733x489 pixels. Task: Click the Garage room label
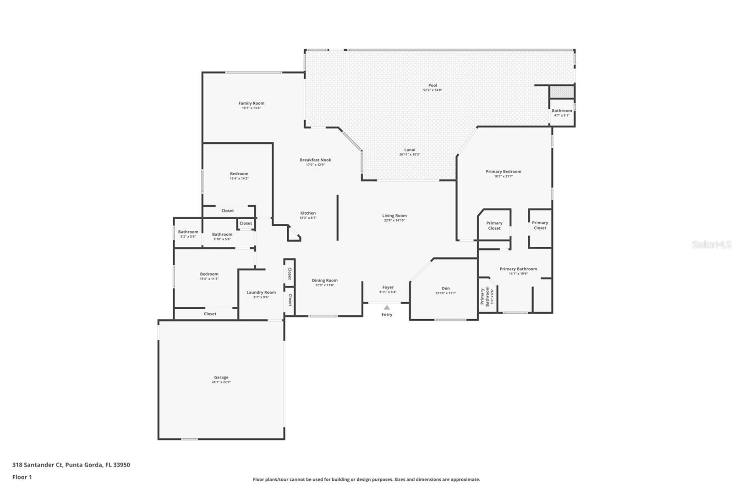pyautogui.click(x=221, y=378)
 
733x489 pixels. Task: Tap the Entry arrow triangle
pyautogui.click(x=387, y=307)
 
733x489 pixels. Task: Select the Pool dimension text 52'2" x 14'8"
pyautogui.click(x=432, y=90)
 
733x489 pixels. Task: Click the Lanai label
pyautogui.click(x=410, y=150)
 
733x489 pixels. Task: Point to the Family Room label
pyautogui.click(x=251, y=103)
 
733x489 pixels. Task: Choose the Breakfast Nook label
pyautogui.click(x=315, y=160)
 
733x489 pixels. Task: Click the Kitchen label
pyautogui.click(x=308, y=213)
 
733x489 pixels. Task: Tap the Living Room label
pyautogui.click(x=394, y=216)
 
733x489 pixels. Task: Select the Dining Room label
pyautogui.click(x=324, y=280)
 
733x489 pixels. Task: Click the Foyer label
pyautogui.click(x=388, y=287)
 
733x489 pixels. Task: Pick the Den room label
pyautogui.click(x=445, y=288)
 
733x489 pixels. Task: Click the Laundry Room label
pyautogui.click(x=261, y=292)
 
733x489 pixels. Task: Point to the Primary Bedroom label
pyautogui.click(x=503, y=172)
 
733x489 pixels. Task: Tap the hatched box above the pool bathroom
pyautogui.click(x=562, y=92)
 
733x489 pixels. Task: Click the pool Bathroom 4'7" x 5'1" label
pyautogui.click(x=562, y=111)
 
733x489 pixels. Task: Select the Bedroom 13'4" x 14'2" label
pyautogui.click(x=239, y=174)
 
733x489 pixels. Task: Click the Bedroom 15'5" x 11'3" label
pyautogui.click(x=209, y=274)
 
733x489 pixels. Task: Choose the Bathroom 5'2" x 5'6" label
pyautogui.click(x=188, y=232)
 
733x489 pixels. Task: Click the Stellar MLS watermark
pyautogui.click(x=711, y=245)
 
